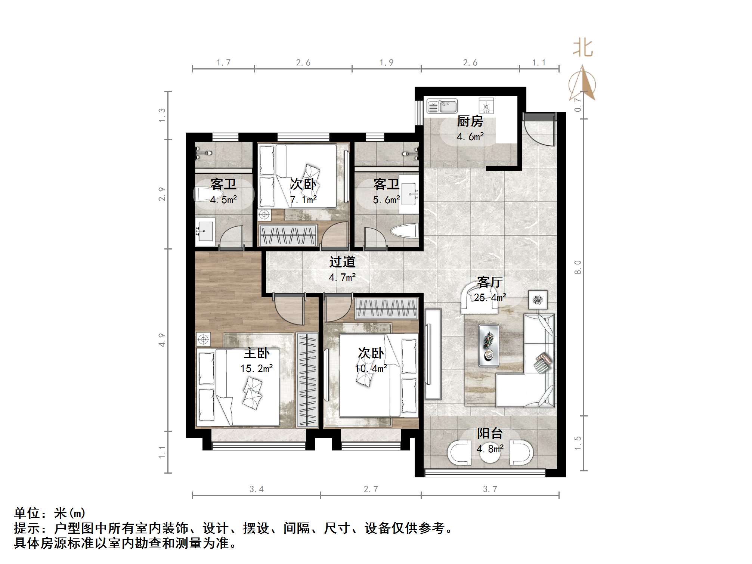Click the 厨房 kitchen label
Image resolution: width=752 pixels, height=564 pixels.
coord(470,121)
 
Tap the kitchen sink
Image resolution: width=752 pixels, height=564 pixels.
coord(442,106)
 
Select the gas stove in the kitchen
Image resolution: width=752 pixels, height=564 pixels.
coord(486,106)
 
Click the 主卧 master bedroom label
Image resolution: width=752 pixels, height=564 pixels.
coord(257,353)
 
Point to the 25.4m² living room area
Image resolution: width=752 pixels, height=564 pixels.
coord(490,298)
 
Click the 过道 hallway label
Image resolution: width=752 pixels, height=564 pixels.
coord(342,262)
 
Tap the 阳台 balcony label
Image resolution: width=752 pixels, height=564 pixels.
coord(490,433)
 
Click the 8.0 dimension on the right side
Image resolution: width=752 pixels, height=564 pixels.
coord(578,267)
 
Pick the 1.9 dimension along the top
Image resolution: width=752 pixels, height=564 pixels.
coord(386,63)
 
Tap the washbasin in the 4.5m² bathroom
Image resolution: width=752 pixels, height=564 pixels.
coord(204,230)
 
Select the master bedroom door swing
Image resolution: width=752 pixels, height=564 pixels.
coord(290,309)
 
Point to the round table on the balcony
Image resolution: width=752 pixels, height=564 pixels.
coord(490,453)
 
